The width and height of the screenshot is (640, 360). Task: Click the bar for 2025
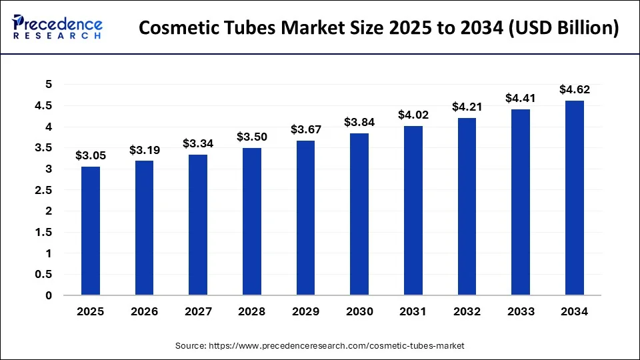pos(91,231)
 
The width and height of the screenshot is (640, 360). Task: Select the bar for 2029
pos(305,217)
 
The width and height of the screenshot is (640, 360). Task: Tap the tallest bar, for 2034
pos(574,197)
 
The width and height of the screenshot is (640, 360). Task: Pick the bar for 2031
pos(413,210)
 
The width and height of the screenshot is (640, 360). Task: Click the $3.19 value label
pos(144,149)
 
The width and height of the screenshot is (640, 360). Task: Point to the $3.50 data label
pos(251,137)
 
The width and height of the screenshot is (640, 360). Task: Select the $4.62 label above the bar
pos(574,89)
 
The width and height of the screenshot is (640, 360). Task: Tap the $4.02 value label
pos(413,115)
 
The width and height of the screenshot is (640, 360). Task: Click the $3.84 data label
pos(359,122)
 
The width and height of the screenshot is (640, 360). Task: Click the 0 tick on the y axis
pos(47,295)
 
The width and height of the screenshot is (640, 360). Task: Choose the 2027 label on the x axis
pos(198,311)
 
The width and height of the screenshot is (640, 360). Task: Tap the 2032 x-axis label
pos(467,311)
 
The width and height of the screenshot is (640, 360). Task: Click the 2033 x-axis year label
pos(521,311)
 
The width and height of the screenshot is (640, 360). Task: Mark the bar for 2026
pos(144,227)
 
